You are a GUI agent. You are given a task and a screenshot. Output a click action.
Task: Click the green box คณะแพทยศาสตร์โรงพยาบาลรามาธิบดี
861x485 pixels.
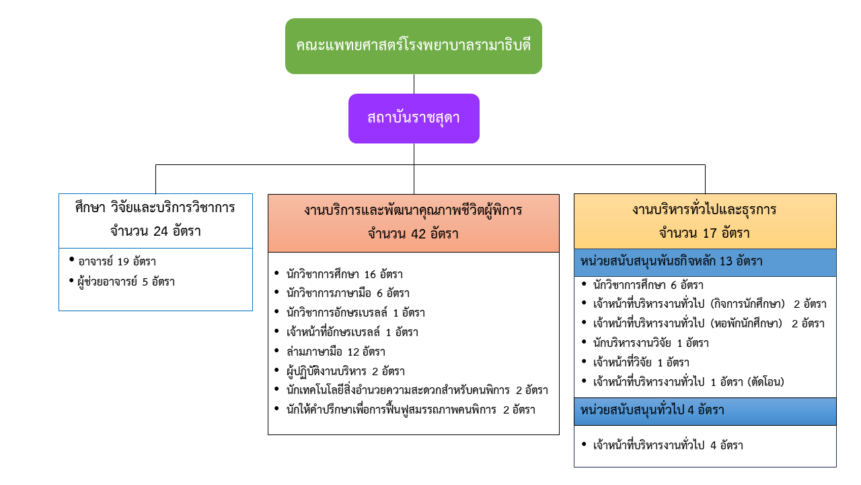pos(414,46)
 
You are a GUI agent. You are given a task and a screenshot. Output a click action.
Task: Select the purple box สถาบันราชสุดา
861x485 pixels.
pos(414,118)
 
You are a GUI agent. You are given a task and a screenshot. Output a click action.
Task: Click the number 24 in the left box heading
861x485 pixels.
pos(161,231)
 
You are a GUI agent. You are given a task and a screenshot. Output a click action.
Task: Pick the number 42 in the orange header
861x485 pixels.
pos(418,234)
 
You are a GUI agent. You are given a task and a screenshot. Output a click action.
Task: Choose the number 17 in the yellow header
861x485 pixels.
pos(710,233)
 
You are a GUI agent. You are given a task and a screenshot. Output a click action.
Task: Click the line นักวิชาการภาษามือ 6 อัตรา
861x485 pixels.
pos(348,293)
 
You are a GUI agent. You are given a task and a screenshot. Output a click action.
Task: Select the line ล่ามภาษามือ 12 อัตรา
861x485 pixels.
pos(336,352)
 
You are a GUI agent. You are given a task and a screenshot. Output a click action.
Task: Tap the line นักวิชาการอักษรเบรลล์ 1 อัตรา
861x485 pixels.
pos(356,313)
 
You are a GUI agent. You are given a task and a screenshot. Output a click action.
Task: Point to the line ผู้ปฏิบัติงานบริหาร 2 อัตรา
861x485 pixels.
pos(346,371)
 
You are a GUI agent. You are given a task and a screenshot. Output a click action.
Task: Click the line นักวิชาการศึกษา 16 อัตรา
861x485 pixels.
pos(344,274)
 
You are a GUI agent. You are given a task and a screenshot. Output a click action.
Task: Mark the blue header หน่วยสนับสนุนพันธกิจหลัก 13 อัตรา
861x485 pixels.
pos(705,262)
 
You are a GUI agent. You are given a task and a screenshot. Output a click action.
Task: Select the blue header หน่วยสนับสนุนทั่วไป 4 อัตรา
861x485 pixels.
pos(705,411)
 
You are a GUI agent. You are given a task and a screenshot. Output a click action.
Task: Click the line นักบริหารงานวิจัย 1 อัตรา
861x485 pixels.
pos(650,343)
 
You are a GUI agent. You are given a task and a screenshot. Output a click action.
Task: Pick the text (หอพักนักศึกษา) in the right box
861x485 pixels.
pos(746,323)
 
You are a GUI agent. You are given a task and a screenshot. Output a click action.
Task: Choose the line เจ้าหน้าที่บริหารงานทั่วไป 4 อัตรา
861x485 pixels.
pos(668,445)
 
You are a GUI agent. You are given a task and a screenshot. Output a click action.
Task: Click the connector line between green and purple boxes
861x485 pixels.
pos(414,84)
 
